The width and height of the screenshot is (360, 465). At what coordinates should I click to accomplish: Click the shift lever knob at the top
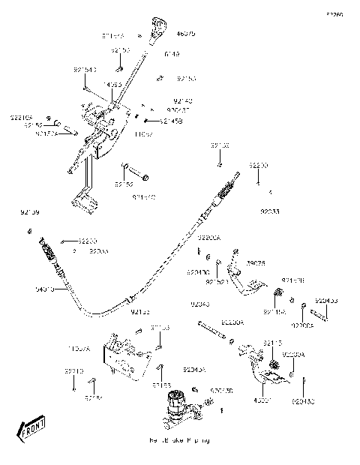point(158,24)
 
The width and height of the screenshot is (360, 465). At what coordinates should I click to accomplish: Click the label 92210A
point(22,117)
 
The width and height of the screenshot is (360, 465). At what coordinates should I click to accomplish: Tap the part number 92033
point(269,212)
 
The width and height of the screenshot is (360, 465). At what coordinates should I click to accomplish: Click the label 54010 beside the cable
point(45,288)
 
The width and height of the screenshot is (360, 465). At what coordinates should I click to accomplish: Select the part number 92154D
point(85,69)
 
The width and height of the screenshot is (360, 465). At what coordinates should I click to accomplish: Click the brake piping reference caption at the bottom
point(179,440)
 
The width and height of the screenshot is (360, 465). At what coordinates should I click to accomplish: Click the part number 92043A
point(193,370)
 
